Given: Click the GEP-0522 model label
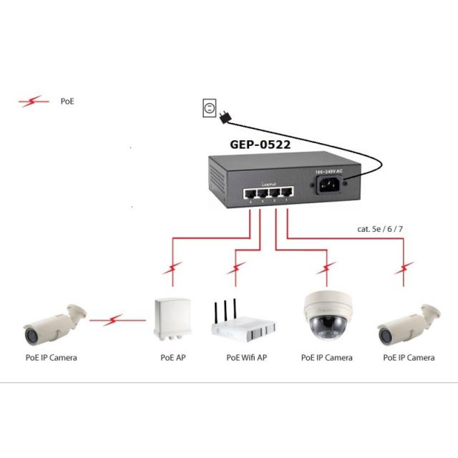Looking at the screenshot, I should [260, 144].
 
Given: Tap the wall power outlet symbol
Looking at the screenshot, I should [209, 108].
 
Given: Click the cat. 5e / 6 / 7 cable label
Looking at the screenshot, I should [383, 229].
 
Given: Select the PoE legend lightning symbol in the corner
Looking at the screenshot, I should [34, 102].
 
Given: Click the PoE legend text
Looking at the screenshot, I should [67, 102].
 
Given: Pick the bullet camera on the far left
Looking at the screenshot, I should [52, 323].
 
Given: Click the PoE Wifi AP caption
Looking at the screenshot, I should [247, 357].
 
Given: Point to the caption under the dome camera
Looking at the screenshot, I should [326, 357].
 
